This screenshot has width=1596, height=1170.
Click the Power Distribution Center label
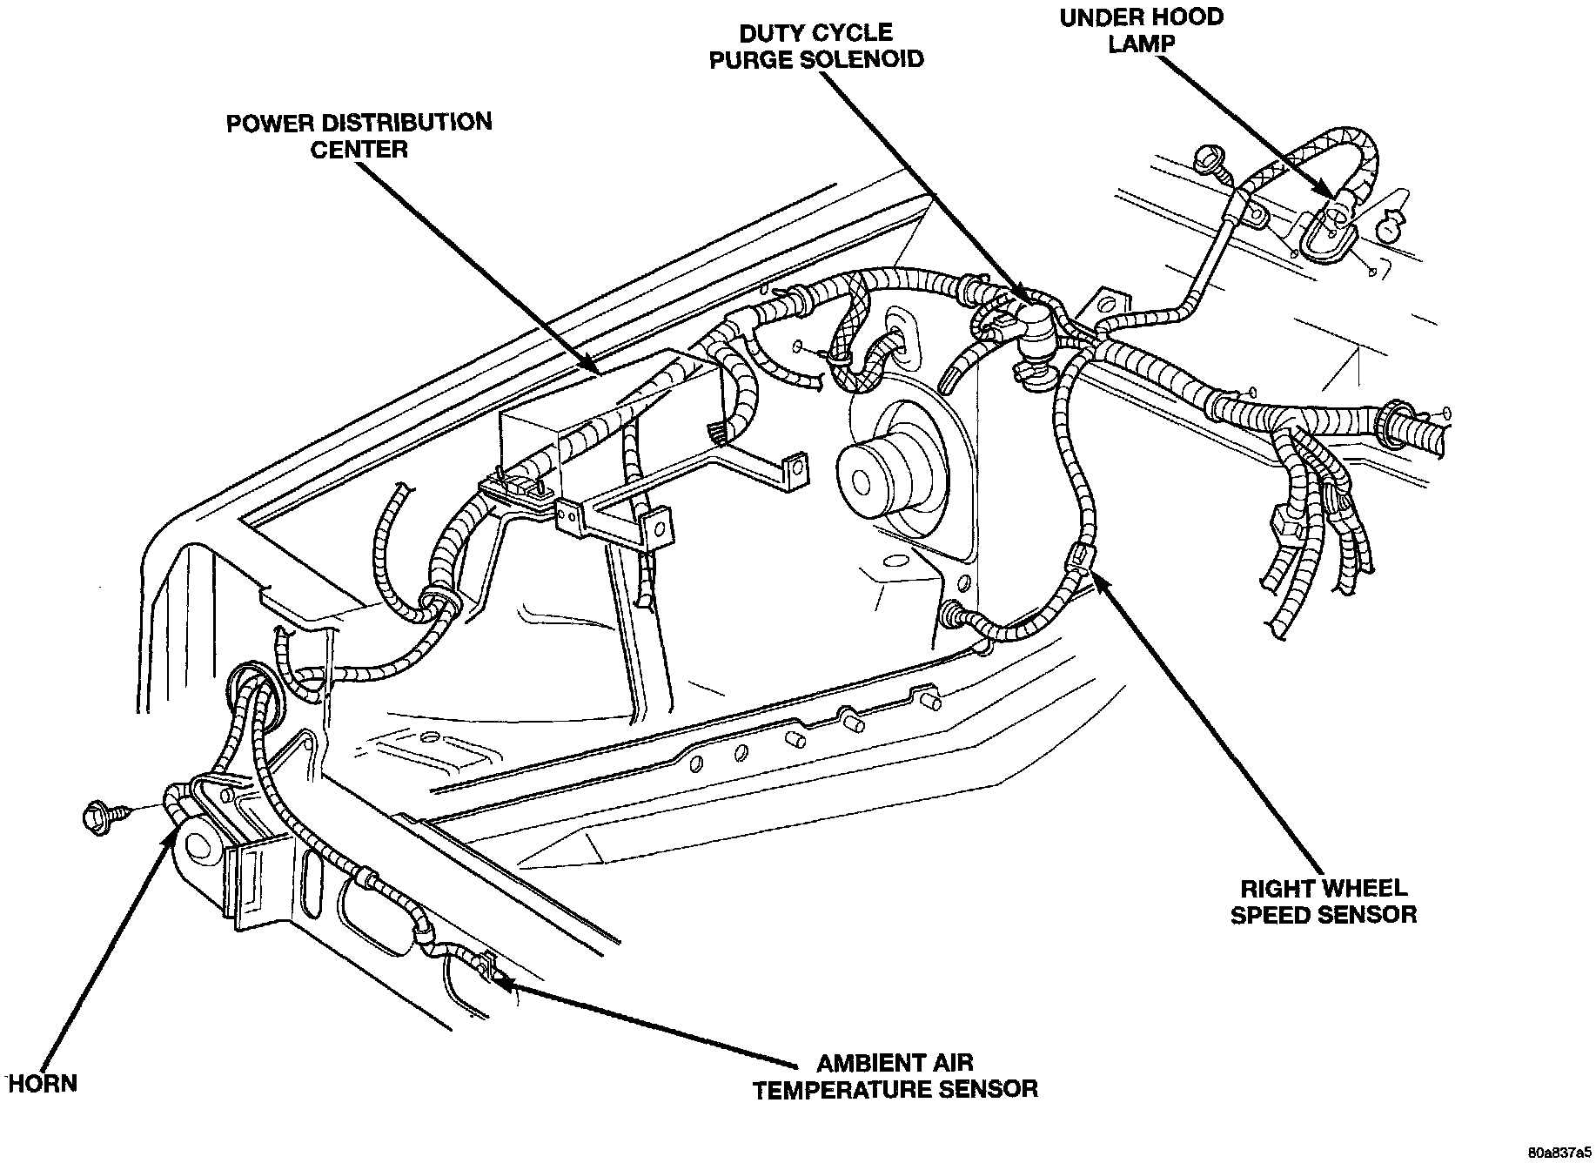359,135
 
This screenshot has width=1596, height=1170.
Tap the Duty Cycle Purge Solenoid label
815,46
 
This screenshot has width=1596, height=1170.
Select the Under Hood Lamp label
1141,30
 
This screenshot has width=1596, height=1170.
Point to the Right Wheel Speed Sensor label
1323,901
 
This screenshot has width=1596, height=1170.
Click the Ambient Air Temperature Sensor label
895,1075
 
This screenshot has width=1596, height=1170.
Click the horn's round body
200,847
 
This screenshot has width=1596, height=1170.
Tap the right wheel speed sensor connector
1079,555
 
